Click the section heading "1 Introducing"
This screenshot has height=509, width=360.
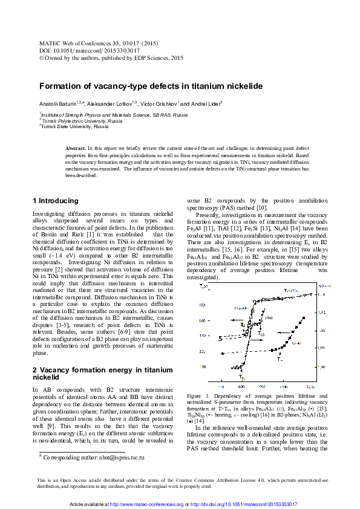point(55,201)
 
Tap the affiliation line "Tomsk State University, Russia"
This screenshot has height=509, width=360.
point(74,127)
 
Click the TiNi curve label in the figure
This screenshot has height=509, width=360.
point(268,317)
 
